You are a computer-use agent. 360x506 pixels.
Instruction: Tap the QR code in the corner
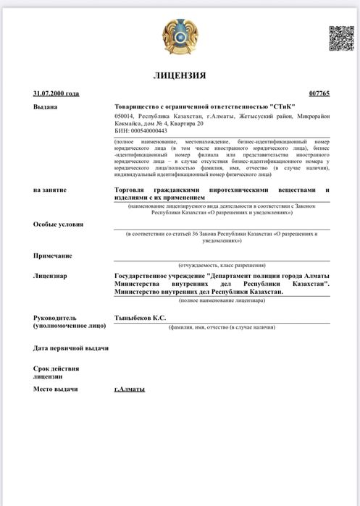tap(340, 38)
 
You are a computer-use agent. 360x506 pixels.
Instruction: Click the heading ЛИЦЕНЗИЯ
tap(180, 75)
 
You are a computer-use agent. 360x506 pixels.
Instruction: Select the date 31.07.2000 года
tap(56, 93)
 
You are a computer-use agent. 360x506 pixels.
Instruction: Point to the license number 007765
tap(319, 93)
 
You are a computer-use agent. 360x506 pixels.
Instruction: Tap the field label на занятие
tap(50, 190)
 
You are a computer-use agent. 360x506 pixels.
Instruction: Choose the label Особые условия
tap(58, 224)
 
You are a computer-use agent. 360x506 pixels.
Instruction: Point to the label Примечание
tap(53, 256)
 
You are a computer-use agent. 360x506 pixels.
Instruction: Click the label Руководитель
tap(56, 318)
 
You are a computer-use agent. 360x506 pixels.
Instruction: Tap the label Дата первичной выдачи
tap(71, 348)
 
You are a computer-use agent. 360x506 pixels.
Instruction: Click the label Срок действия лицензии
tap(56, 372)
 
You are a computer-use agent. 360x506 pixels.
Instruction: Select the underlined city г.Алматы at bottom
tap(130, 389)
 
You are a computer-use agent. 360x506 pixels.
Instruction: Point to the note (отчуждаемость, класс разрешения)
tap(222, 266)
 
